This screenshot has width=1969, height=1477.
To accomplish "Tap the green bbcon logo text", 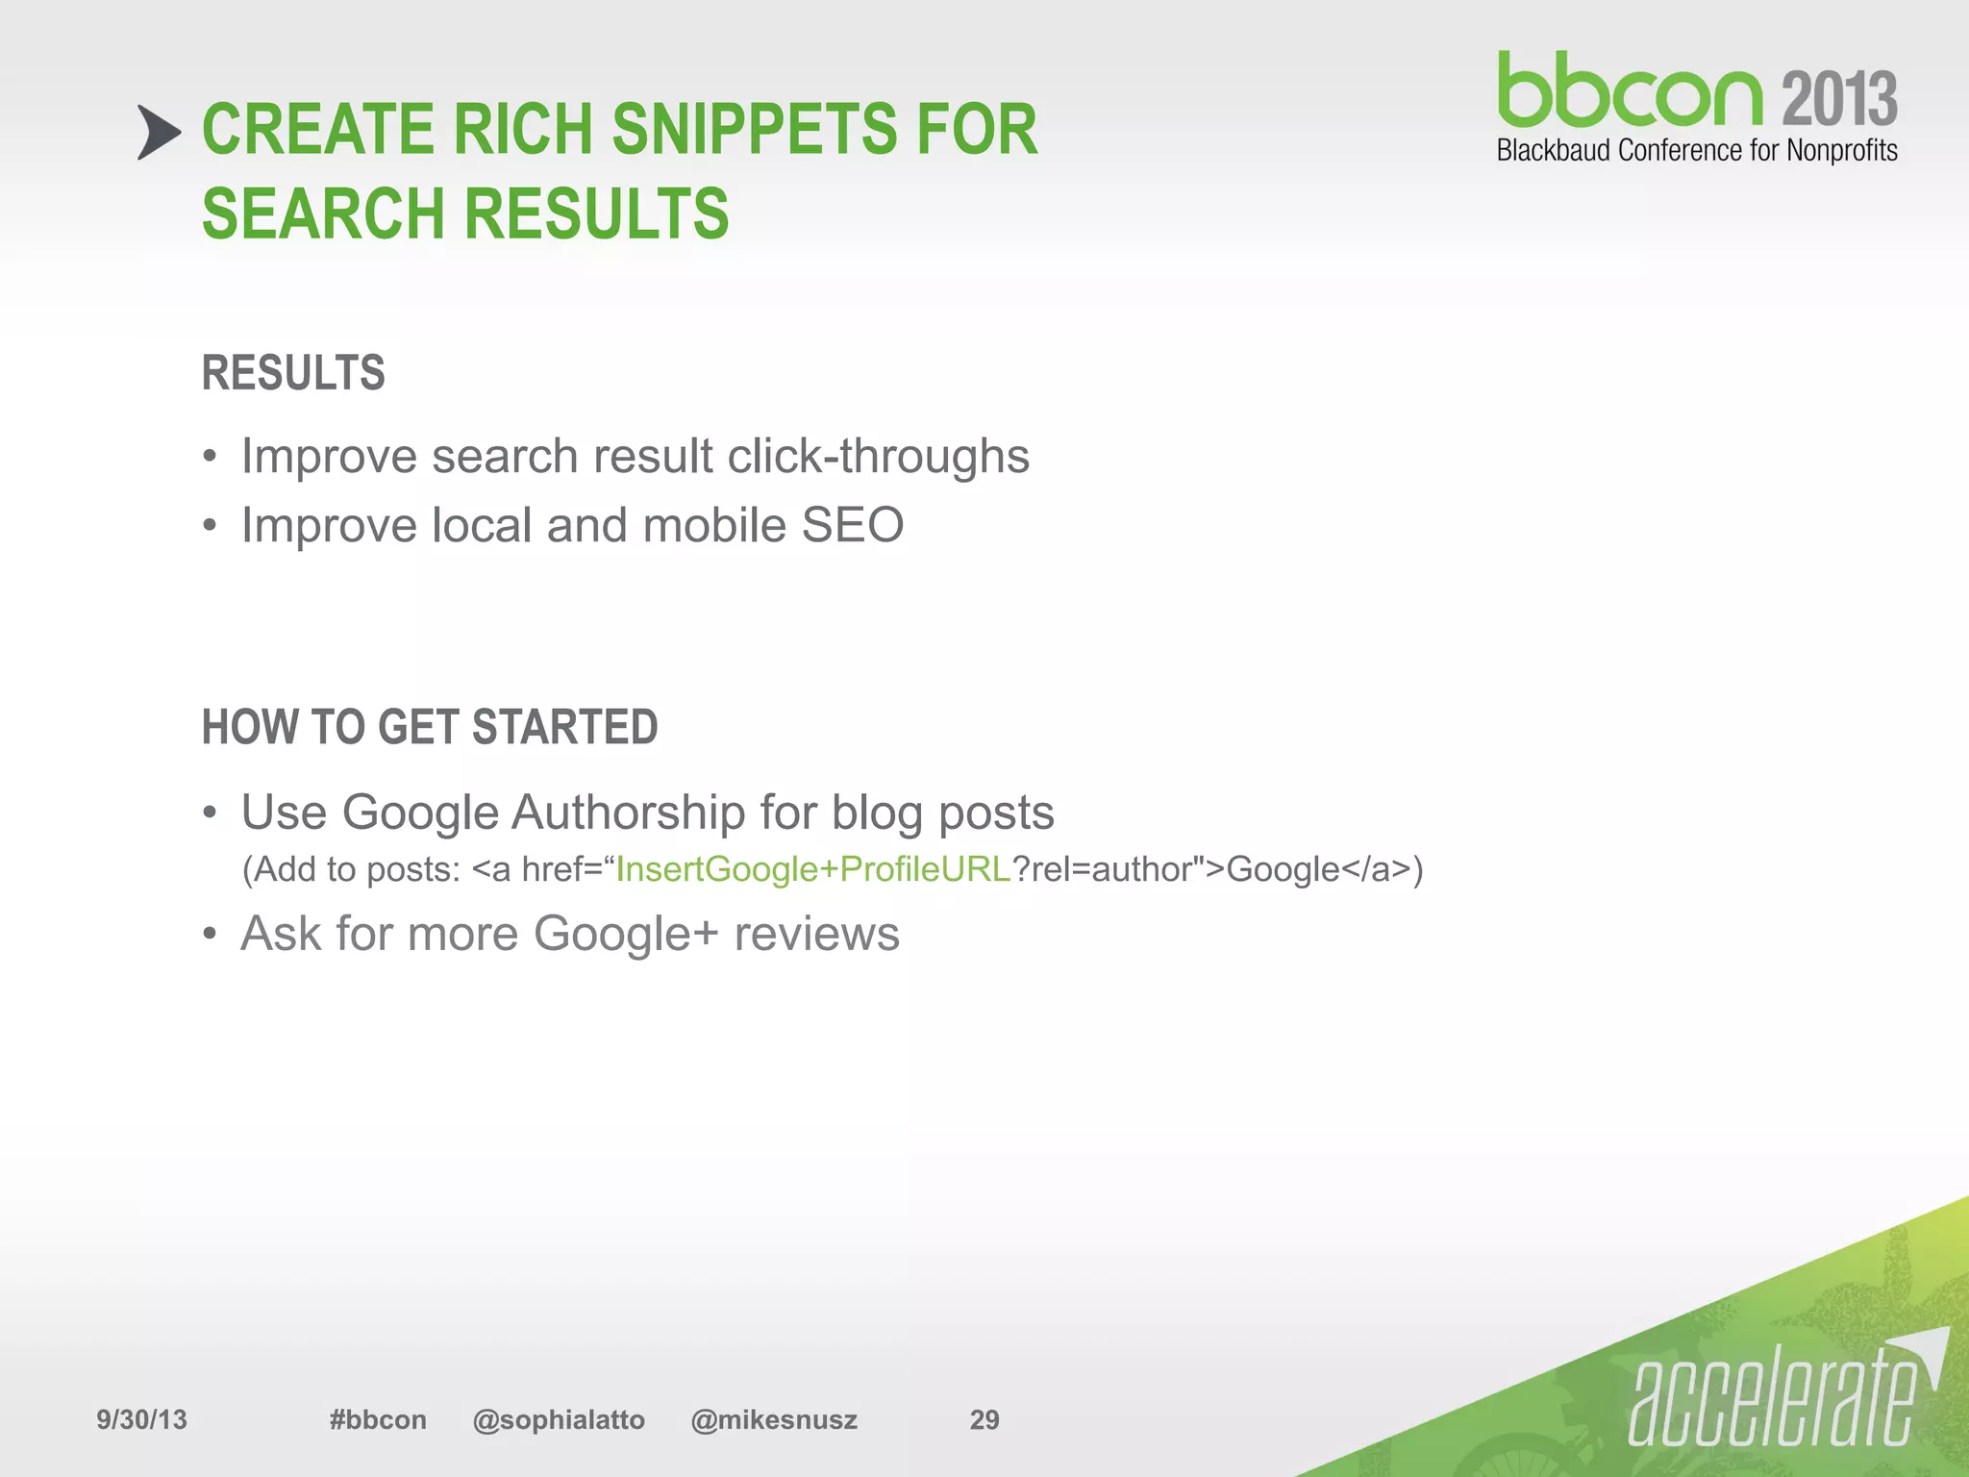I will pyautogui.click(x=1629, y=91).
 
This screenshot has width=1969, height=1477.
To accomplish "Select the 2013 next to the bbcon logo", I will pyautogui.click(x=1839, y=98).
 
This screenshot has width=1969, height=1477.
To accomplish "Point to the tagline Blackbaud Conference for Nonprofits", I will pyautogui.click(x=1697, y=151).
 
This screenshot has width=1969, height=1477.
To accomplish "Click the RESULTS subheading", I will pyautogui.click(x=293, y=373).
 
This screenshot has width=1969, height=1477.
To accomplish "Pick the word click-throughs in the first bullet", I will pyautogui.click(x=878, y=456).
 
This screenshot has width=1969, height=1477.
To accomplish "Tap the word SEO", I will pyautogui.click(x=852, y=526).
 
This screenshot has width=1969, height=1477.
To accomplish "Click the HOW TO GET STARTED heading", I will pyautogui.click(x=430, y=727).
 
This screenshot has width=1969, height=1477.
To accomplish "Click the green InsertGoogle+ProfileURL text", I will pyautogui.click(x=812, y=869).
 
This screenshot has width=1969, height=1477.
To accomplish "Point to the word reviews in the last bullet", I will pyautogui.click(x=816, y=934).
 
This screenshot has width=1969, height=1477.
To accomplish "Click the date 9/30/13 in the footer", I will pyautogui.click(x=141, y=1420).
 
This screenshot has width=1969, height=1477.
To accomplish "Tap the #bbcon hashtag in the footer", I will pyautogui.click(x=378, y=1420).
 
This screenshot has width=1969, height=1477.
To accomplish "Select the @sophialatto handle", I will pyautogui.click(x=559, y=1420).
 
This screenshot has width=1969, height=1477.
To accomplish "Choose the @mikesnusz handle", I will pyautogui.click(x=774, y=1420).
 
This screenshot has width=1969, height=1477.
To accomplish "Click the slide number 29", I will pyautogui.click(x=984, y=1420).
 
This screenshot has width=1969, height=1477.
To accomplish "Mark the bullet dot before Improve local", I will pyautogui.click(x=211, y=526).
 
